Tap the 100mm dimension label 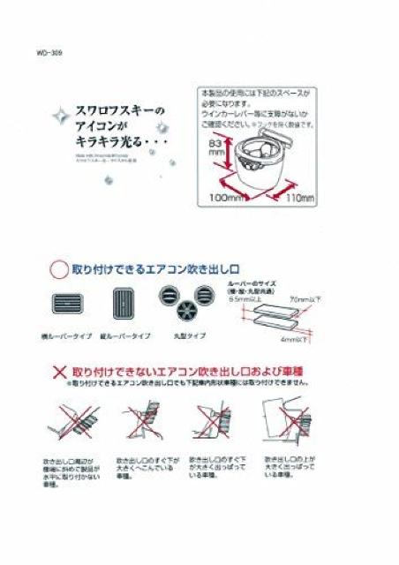pyautogui.click(x=227, y=199)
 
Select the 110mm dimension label pyautogui.click(x=299, y=200)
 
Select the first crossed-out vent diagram pyautogui.click(x=66, y=424)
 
